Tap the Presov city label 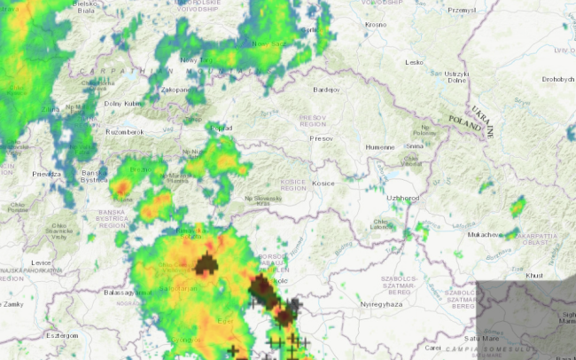coord(321,138)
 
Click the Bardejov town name coord(326,90)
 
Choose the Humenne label coord(379,146)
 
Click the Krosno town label coord(376,24)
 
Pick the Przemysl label coord(462,11)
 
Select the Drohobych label coord(558,80)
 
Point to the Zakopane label coord(175,90)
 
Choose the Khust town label coord(533,275)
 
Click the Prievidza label coord(48,174)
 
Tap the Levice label coord(41,262)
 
